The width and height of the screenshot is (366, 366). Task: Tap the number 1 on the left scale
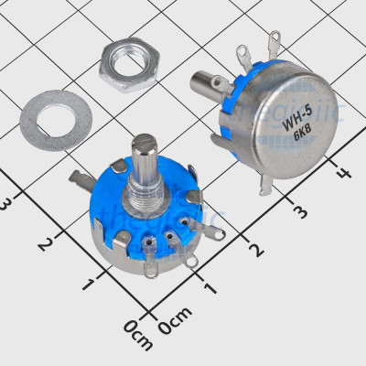click(x=89, y=284)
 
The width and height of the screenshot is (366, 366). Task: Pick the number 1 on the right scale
click(x=212, y=288)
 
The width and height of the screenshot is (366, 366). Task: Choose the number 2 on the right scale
click(x=256, y=249)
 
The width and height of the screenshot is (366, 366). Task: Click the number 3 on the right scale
click(x=299, y=211)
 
